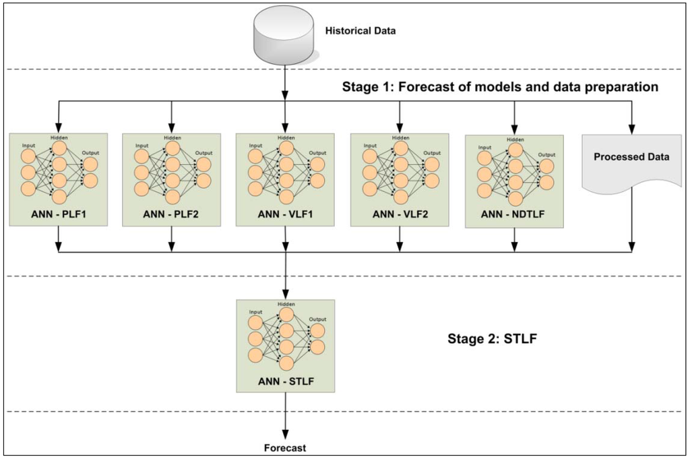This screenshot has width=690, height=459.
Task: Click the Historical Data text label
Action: (x=360, y=31)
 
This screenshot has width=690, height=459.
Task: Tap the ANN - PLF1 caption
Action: (x=59, y=216)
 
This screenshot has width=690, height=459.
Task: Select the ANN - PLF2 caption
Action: (x=171, y=216)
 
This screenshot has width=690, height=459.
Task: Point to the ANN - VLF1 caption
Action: (x=285, y=216)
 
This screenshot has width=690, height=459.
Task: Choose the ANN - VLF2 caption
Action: (x=400, y=216)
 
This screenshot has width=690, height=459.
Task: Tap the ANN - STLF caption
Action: (x=286, y=382)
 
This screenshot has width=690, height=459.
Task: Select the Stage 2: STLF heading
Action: (x=492, y=338)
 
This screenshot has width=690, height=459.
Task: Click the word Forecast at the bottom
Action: (x=286, y=448)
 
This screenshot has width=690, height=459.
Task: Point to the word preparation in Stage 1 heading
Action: (x=619, y=87)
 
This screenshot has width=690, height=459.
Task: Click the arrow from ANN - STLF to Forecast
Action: (x=286, y=415)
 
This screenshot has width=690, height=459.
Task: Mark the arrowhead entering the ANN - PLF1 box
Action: (x=59, y=128)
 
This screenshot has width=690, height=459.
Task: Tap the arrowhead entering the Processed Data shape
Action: (x=631, y=128)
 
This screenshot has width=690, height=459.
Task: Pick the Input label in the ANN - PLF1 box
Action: (x=29, y=145)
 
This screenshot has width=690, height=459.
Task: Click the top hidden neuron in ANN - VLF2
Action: (x=400, y=148)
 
